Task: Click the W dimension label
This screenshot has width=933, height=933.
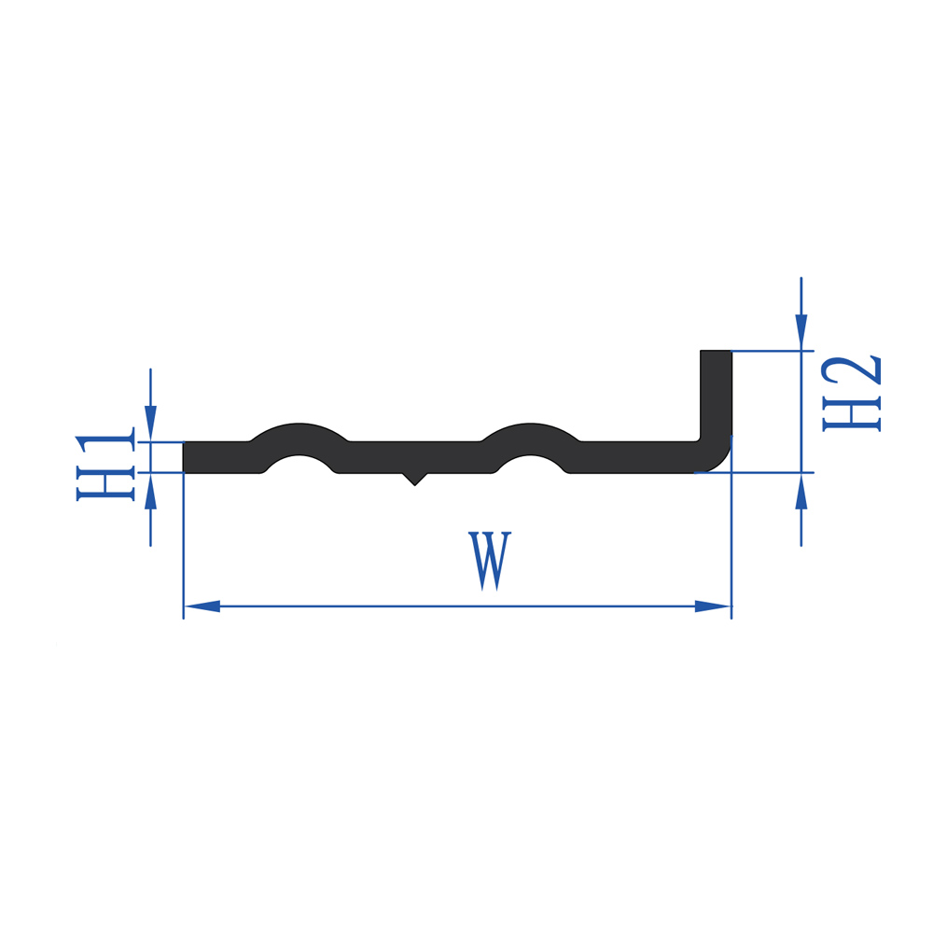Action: point(489,561)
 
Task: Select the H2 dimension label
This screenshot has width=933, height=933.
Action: point(851,394)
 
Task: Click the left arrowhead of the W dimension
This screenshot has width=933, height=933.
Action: point(202,606)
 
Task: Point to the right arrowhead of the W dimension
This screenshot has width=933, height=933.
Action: point(713,606)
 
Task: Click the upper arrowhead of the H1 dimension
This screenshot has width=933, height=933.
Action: point(150,424)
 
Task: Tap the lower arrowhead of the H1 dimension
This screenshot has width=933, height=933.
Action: point(150,491)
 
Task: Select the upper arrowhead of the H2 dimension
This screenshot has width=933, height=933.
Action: point(801,332)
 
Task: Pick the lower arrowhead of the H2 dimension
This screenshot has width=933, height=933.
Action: point(801,492)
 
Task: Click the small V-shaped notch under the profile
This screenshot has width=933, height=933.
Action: point(415,479)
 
